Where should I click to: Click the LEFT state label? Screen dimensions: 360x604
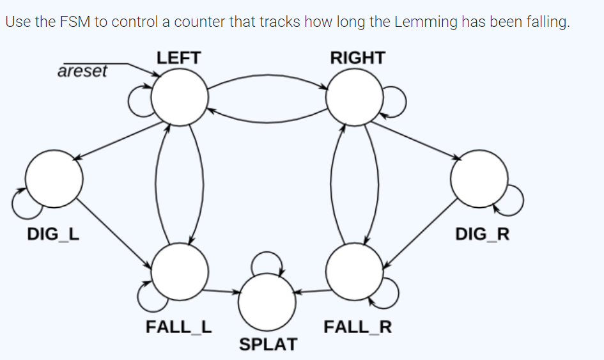[x=178, y=58]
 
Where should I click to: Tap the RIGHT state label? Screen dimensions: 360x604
[x=357, y=58]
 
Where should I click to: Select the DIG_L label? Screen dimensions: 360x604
[x=54, y=234]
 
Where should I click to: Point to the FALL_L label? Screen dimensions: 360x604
[x=179, y=327]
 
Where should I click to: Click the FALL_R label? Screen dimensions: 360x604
[x=357, y=327]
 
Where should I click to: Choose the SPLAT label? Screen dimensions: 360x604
[x=268, y=345]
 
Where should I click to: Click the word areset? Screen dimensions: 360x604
[x=82, y=71]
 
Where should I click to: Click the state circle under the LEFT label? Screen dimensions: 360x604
[x=179, y=97]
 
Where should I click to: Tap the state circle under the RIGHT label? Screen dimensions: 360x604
[x=354, y=97]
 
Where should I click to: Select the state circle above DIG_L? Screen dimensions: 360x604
[x=54, y=178]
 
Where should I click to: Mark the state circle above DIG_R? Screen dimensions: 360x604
[x=479, y=178]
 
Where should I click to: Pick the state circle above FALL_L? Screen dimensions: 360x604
[x=179, y=271]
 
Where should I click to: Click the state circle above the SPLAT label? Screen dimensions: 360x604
[x=267, y=301]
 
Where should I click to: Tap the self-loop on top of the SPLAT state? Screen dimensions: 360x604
[x=264, y=261]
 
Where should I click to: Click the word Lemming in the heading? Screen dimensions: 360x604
[x=426, y=22]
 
